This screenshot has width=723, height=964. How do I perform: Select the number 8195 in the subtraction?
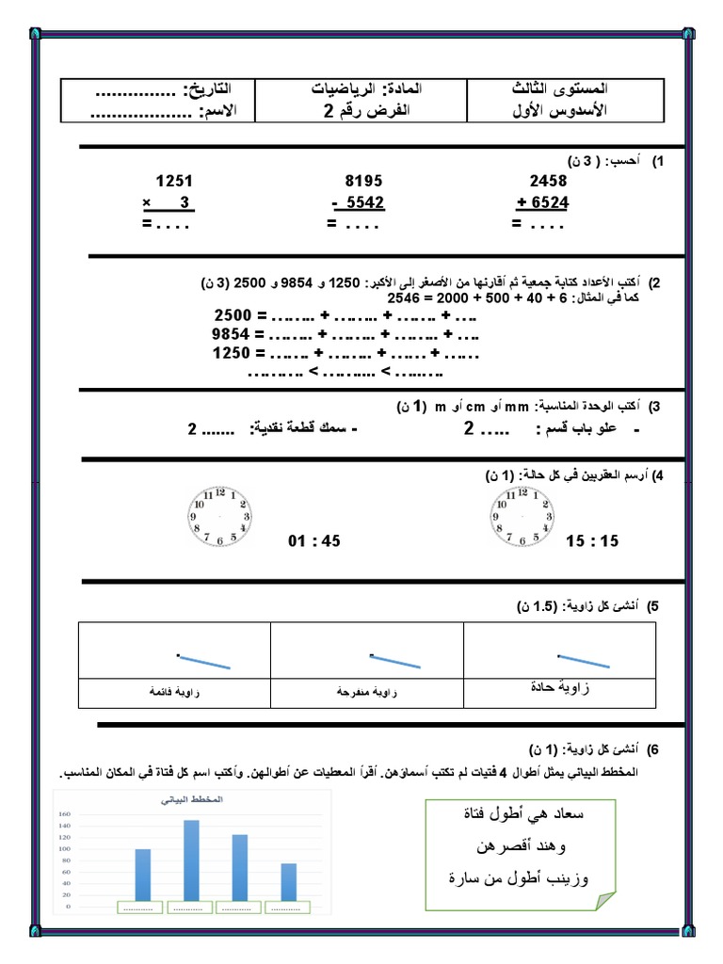click(x=364, y=180)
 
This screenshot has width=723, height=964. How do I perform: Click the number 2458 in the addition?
click(x=548, y=180)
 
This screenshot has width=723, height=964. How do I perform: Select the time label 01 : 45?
click(x=313, y=541)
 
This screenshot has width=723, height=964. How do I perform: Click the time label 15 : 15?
click(x=593, y=541)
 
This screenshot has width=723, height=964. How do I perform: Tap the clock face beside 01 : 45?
click(x=218, y=517)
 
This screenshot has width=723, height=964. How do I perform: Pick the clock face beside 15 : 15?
click(x=520, y=517)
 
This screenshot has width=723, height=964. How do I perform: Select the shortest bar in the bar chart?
click(x=288, y=881)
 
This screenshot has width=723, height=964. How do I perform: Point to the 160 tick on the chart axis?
click(x=65, y=814)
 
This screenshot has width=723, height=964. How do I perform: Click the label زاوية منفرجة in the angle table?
click(x=366, y=692)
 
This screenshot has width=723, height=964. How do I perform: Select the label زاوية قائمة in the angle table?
click(x=175, y=692)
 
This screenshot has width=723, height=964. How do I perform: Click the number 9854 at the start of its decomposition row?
click(x=233, y=334)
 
